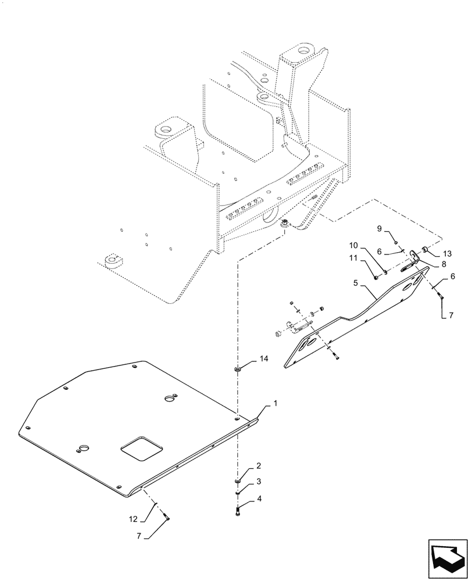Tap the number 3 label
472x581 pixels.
(259, 482)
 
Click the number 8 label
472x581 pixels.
(444, 263)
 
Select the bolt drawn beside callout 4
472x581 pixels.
(238, 511)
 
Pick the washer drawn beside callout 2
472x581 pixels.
(238, 480)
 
